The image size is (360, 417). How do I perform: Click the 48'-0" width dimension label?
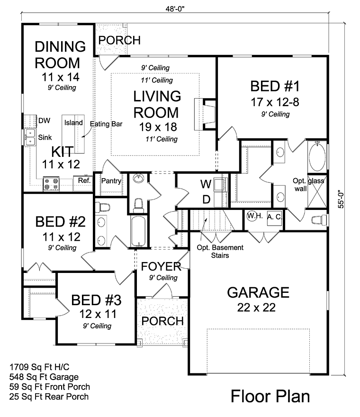point(175,9)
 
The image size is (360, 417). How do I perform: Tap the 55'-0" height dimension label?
point(341,199)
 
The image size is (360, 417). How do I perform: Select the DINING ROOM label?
point(60,55)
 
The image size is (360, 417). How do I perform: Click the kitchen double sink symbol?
point(30,137)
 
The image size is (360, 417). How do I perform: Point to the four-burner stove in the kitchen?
point(51,184)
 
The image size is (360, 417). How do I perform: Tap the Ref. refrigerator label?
point(84,181)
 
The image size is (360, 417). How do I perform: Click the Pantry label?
point(111,181)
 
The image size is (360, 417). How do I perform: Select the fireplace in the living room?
point(205,114)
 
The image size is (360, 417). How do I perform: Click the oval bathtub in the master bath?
point(317,156)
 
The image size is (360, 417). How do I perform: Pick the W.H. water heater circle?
point(252,216)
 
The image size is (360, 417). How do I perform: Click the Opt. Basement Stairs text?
point(220,251)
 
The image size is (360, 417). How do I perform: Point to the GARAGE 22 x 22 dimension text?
point(256,308)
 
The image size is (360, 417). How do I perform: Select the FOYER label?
point(161,266)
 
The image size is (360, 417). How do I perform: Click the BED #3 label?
point(96,300)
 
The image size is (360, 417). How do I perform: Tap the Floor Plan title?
point(270,396)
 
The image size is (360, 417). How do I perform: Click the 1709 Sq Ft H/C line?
point(39,367)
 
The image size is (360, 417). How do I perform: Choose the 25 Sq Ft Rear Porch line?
point(49,397)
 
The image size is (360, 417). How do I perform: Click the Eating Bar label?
point(106,124)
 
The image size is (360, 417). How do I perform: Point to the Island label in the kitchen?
point(73,123)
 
